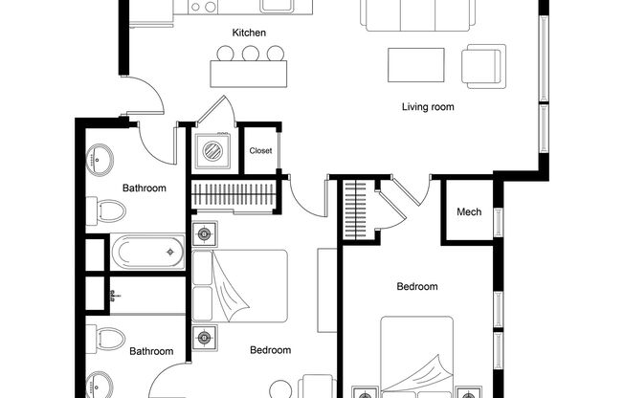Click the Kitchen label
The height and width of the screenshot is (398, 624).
(x=249, y=33)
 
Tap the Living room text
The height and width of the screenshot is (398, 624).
(x=427, y=107)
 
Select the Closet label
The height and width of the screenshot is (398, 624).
(x=260, y=151)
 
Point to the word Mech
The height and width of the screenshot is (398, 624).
(x=469, y=212)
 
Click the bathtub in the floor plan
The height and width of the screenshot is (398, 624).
(x=149, y=252)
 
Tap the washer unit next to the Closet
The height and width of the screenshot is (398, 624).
(x=212, y=149)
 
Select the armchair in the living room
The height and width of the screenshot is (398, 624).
(x=482, y=66)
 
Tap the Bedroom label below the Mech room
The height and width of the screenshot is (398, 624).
(x=417, y=287)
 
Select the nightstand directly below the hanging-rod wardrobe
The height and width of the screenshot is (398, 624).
(x=204, y=233)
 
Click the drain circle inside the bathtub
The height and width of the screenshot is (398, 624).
(x=170, y=253)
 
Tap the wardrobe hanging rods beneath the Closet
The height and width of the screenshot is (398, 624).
(x=234, y=194)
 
